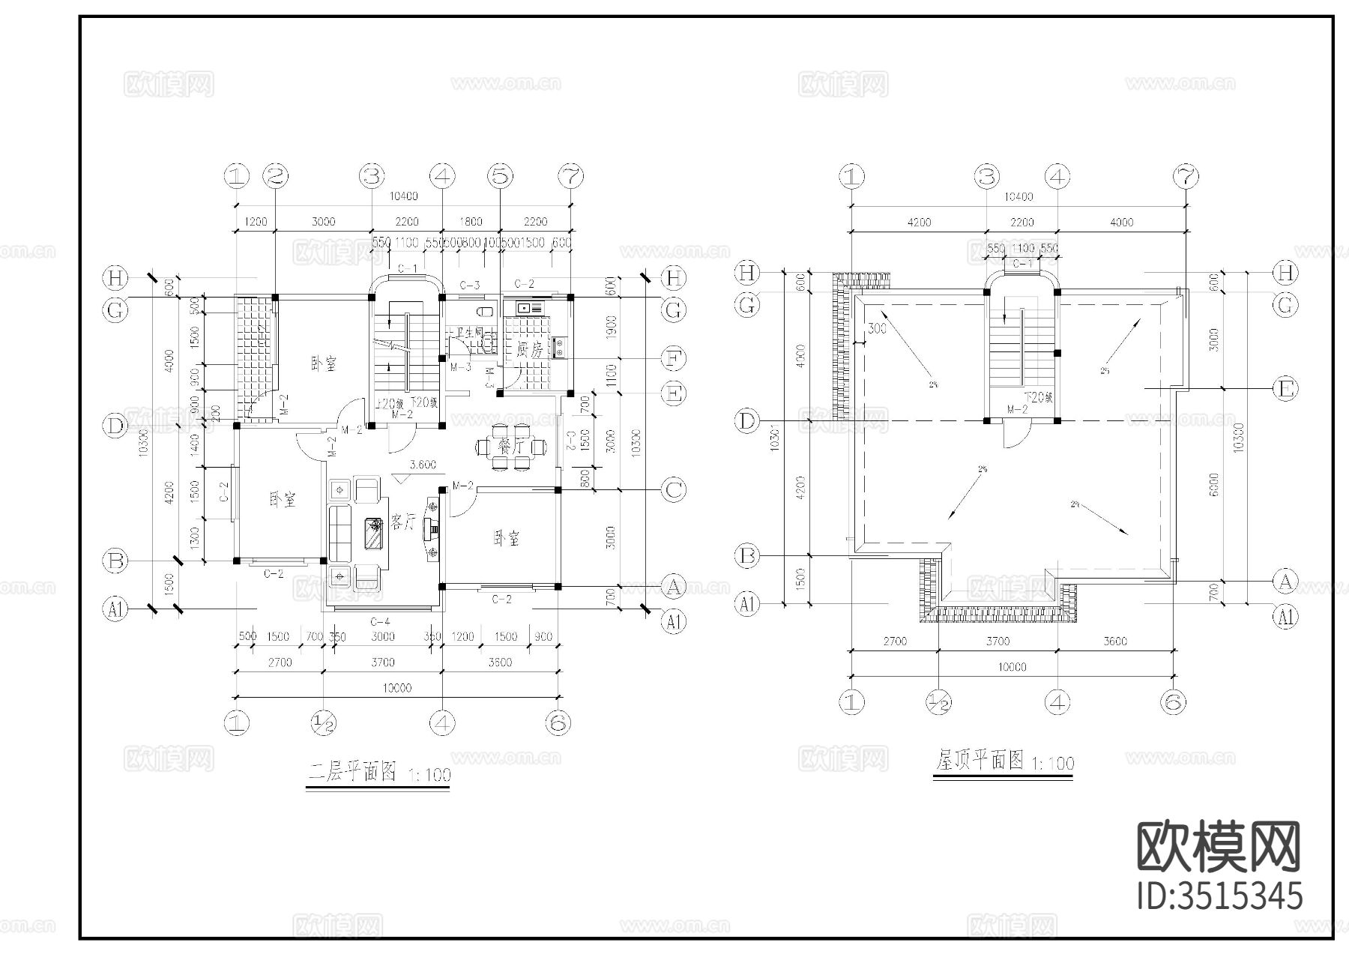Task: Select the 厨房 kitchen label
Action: coord(529,349)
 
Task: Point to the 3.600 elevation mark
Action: coord(423,465)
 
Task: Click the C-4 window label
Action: coord(381,621)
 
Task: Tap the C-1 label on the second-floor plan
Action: coord(407,268)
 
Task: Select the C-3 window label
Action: coord(469,286)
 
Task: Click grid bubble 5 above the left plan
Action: coord(500,177)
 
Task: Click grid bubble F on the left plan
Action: coord(674,359)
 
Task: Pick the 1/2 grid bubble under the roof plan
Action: coord(939,702)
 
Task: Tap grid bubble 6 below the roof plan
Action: coord(1173,702)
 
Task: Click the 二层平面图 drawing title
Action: coord(352,772)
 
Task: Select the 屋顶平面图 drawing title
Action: coord(980,761)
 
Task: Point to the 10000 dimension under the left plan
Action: coord(396,688)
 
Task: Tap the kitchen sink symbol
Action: coord(523,307)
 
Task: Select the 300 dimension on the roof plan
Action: coord(877,328)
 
